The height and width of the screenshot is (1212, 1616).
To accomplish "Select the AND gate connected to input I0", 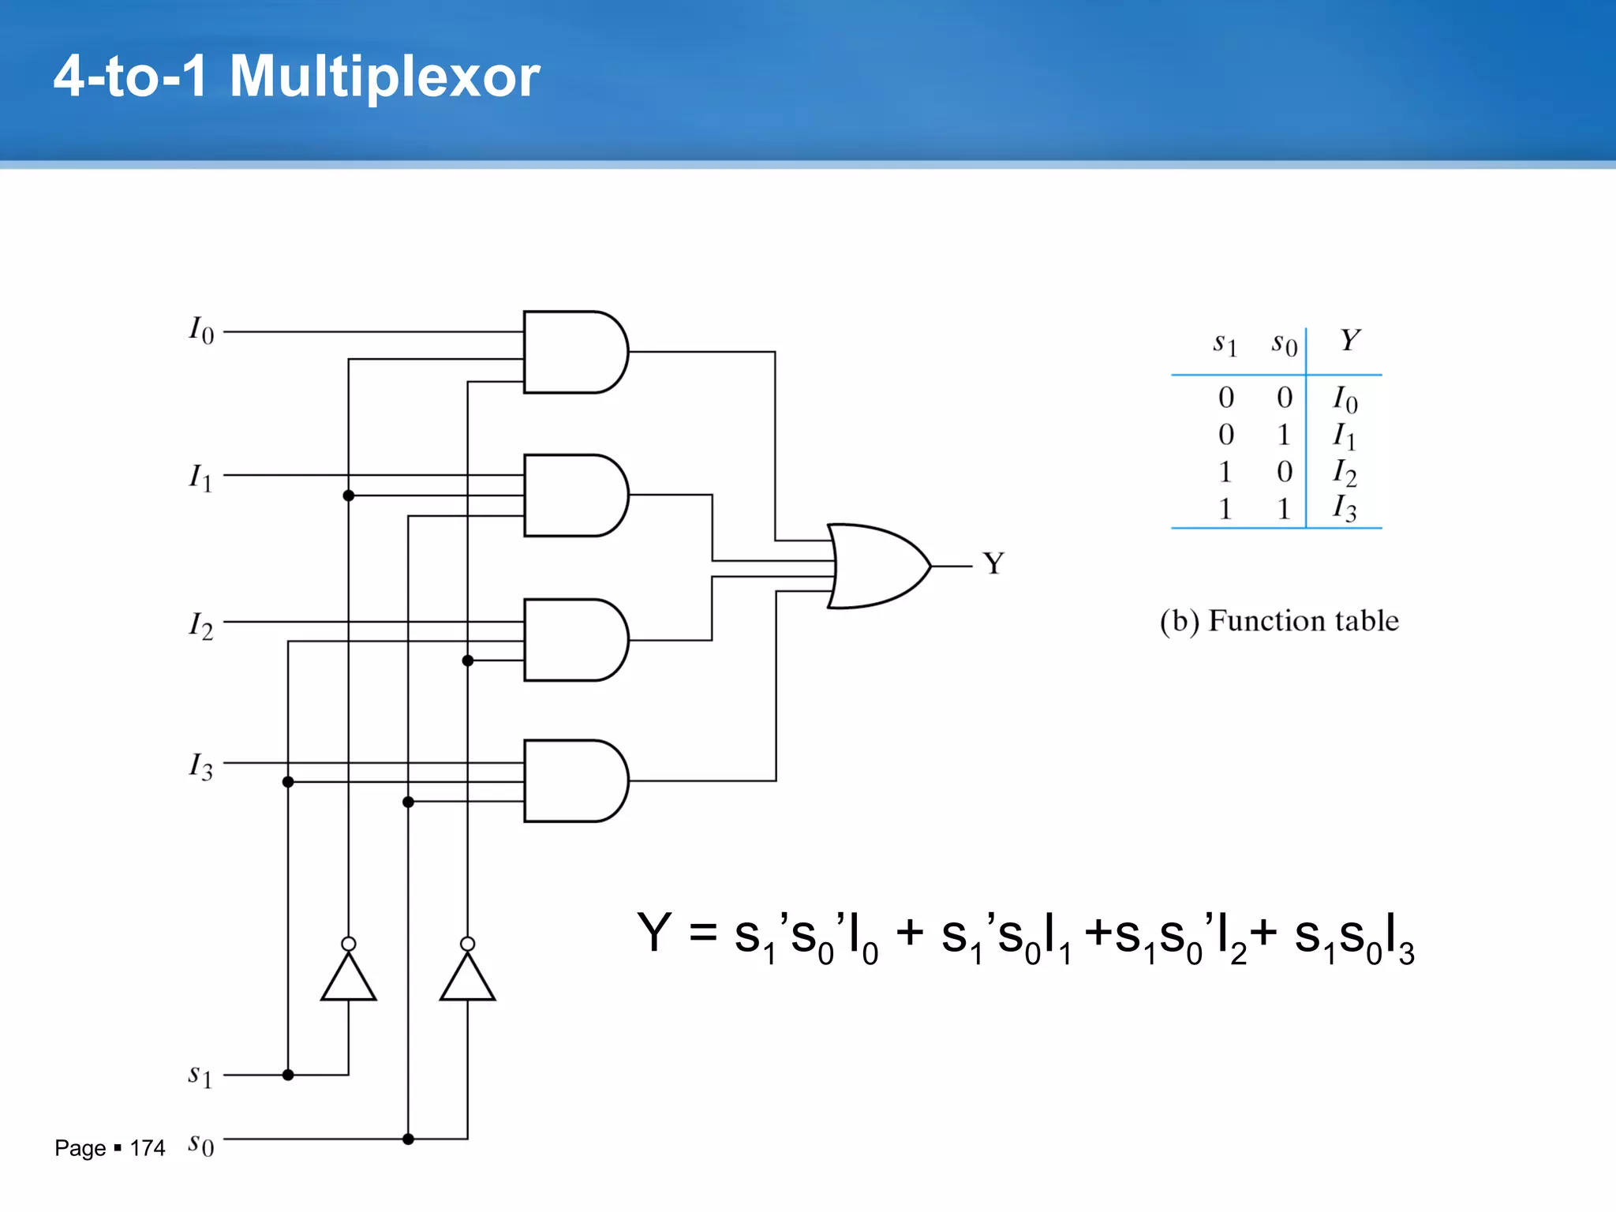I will tap(575, 352).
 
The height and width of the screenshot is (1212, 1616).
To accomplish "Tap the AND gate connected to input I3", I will tap(575, 780).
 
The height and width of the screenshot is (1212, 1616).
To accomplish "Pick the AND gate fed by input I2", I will tap(575, 640).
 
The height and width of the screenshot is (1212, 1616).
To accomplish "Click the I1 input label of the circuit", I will tap(200, 477).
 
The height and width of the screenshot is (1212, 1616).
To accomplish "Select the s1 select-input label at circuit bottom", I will tap(200, 1075).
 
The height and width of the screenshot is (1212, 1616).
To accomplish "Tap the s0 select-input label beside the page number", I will tap(200, 1143).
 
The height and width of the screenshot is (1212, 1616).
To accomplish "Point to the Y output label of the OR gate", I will tap(993, 563).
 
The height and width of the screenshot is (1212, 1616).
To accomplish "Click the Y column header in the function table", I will tap(1349, 341).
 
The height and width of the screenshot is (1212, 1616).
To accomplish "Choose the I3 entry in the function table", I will tap(1345, 508).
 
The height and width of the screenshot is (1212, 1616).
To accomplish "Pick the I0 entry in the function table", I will tap(1345, 399).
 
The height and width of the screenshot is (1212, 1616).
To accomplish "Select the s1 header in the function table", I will tap(1225, 344).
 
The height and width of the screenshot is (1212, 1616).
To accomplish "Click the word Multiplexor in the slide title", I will tap(384, 77).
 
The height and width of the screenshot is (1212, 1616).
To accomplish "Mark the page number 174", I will tap(148, 1148).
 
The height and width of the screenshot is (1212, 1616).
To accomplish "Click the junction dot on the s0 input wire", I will tap(408, 1139).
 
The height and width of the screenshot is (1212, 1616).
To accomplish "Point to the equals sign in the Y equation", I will tap(703, 934).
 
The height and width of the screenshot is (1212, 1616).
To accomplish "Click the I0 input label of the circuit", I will tap(201, 331).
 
